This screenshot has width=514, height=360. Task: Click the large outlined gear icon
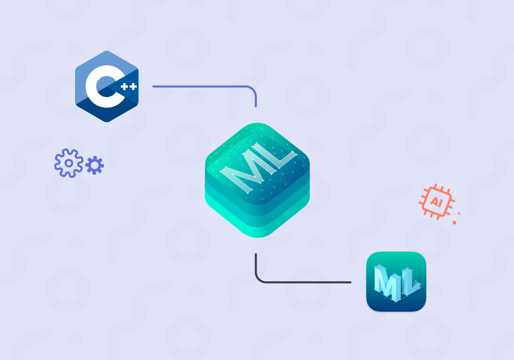(68, 163)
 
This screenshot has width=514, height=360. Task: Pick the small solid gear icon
(95, 166)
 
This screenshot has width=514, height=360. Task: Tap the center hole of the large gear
(68, 163)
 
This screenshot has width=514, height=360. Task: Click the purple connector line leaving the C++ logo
(200, 86)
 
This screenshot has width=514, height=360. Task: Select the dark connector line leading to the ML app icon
(308, 282)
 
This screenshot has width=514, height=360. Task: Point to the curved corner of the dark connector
(259, 278)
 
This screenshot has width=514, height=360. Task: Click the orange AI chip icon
(436, 201)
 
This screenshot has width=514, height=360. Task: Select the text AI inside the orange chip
(436, 201)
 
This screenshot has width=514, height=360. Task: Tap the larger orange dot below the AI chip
(454, 222)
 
